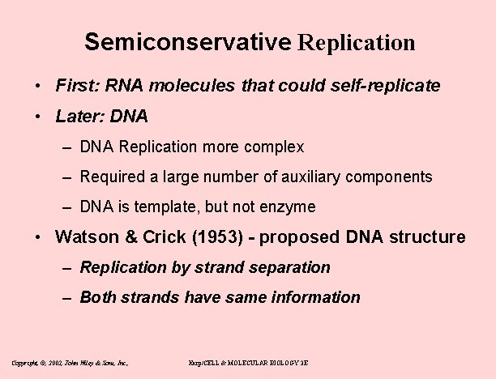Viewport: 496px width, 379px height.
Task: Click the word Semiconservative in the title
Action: coord(186,42)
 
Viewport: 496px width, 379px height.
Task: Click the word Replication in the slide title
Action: coord(357,42)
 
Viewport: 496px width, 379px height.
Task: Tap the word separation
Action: coord(293,267)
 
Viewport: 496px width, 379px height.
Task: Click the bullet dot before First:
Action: coord(38,86)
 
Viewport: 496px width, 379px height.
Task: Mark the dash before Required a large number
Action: coord(64,177)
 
